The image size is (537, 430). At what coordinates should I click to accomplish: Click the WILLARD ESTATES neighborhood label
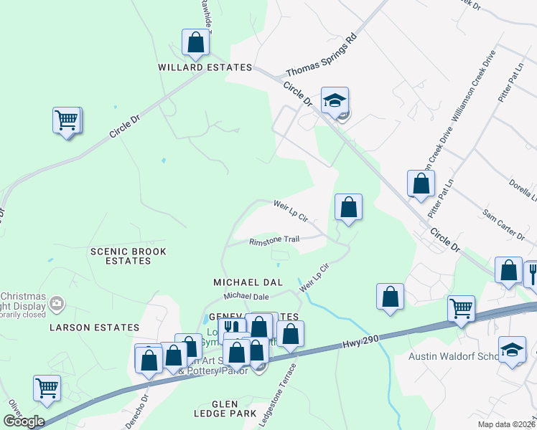pyautogui.click(x=205, y=67)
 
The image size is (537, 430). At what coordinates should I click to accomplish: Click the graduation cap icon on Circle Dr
pyautogui.click(x=335, y=101)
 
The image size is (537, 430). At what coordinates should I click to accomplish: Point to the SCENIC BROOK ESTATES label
pyautogui.click(x=129, y=257)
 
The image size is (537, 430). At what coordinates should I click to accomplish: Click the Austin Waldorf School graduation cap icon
pyautogui.click(x=512, y=350)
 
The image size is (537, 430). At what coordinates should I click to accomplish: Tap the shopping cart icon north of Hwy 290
pyautogui.click(x=462, y=309)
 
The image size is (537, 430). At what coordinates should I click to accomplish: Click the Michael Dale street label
pyautogui.click(x=246, y=296)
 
